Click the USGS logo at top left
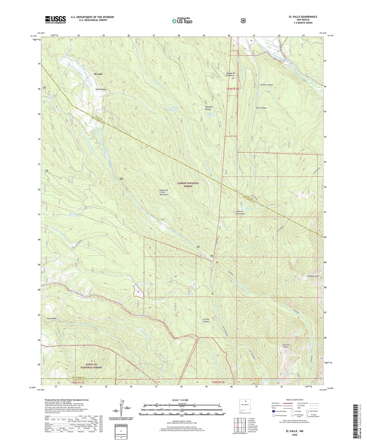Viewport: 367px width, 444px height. tap(55, 20)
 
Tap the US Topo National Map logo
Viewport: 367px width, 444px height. tap(182, 21)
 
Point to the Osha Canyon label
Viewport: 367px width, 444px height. tap(101, 89)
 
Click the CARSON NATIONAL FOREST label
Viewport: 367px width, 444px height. tap(188, 185)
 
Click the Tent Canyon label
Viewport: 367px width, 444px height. tap(261, 108)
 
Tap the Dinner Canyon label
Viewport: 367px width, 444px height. tap(266, 84)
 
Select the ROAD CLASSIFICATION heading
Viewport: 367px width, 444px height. tap(294, 400)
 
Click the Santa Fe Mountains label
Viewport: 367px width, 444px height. tap(240, 212)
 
